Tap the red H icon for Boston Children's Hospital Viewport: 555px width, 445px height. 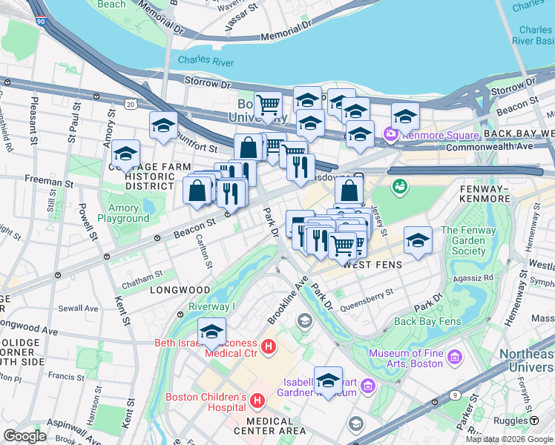257,401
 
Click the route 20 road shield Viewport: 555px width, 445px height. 131,106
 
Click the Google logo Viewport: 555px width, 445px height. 24,436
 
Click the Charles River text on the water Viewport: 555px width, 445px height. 200,60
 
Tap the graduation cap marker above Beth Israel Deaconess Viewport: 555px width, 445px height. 211,332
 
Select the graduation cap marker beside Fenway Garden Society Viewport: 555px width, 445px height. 418,240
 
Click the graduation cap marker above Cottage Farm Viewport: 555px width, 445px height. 126,154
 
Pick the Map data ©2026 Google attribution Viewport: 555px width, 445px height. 509,439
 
